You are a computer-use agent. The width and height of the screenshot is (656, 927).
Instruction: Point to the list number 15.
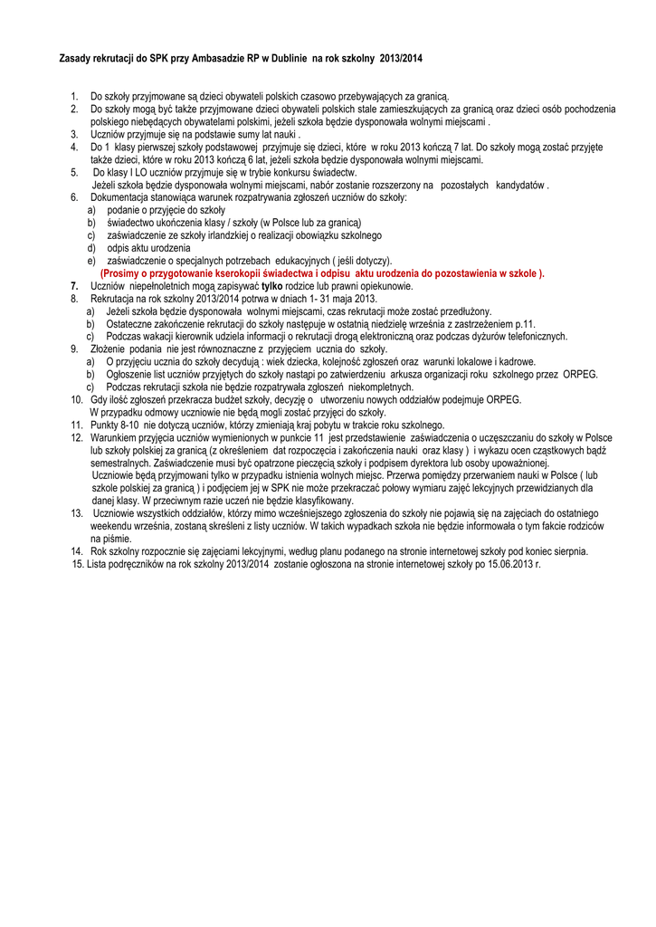tap(78, 563)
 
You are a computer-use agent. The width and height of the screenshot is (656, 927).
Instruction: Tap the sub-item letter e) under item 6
tap(91, 261)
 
